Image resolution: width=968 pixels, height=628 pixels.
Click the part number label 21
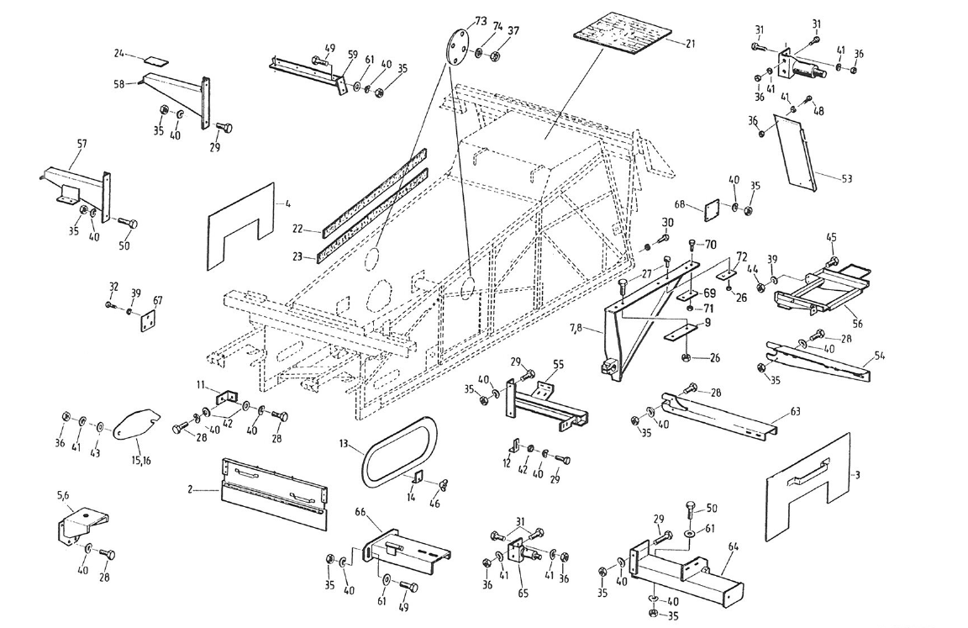(x=690, y=44)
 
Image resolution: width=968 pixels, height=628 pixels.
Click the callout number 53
(x=846, y=178)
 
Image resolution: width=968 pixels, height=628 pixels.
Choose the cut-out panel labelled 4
(x=241, y=227)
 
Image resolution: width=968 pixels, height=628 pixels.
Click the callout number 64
(x=733, y=547)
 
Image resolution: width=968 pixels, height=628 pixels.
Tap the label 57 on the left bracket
(x=82, y=145)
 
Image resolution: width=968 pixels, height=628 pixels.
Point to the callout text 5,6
(x=63, y=496)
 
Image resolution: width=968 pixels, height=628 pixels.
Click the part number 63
(x=795, y=413)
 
